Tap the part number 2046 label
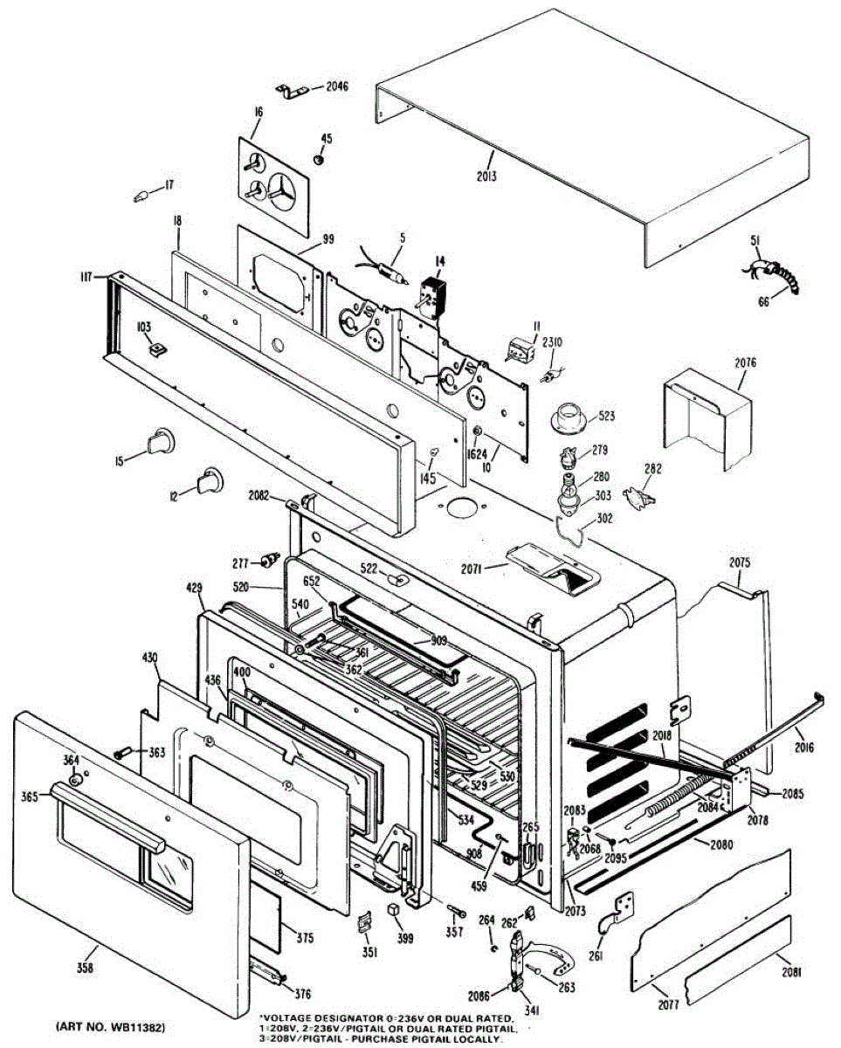[x=336, y=86]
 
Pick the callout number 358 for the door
[x=85, y=967]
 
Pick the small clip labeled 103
[x=158, y=349]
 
